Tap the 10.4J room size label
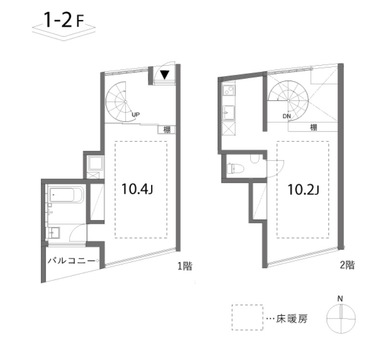[x=138, y=187]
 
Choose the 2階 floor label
[x=347, y=267]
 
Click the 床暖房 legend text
[x=287, y=318]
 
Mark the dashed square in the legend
[x=244, y=319]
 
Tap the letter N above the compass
[x=341, y=298]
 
